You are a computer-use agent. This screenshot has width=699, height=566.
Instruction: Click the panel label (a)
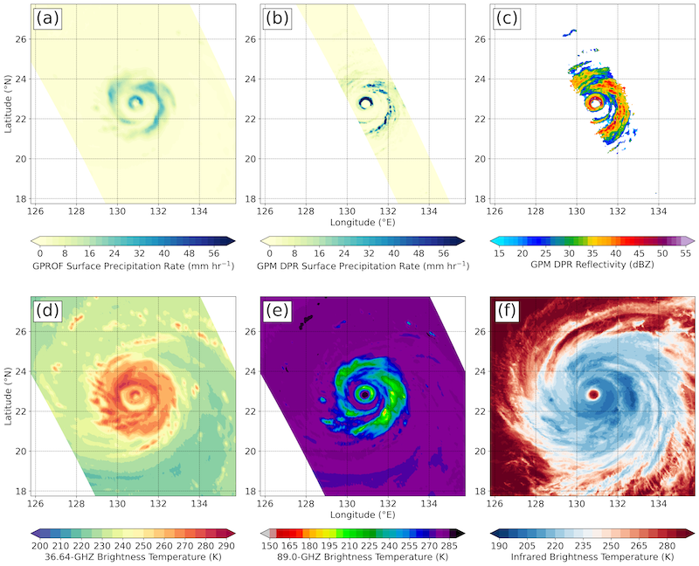[x=45, y=18]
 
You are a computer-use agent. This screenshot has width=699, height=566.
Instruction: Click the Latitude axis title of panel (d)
[x=8, y=396]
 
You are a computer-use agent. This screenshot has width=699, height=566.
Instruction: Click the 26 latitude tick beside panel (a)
[x=22, y=40]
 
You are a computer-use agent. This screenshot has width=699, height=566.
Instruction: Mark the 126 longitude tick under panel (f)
[x=495, y=502]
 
